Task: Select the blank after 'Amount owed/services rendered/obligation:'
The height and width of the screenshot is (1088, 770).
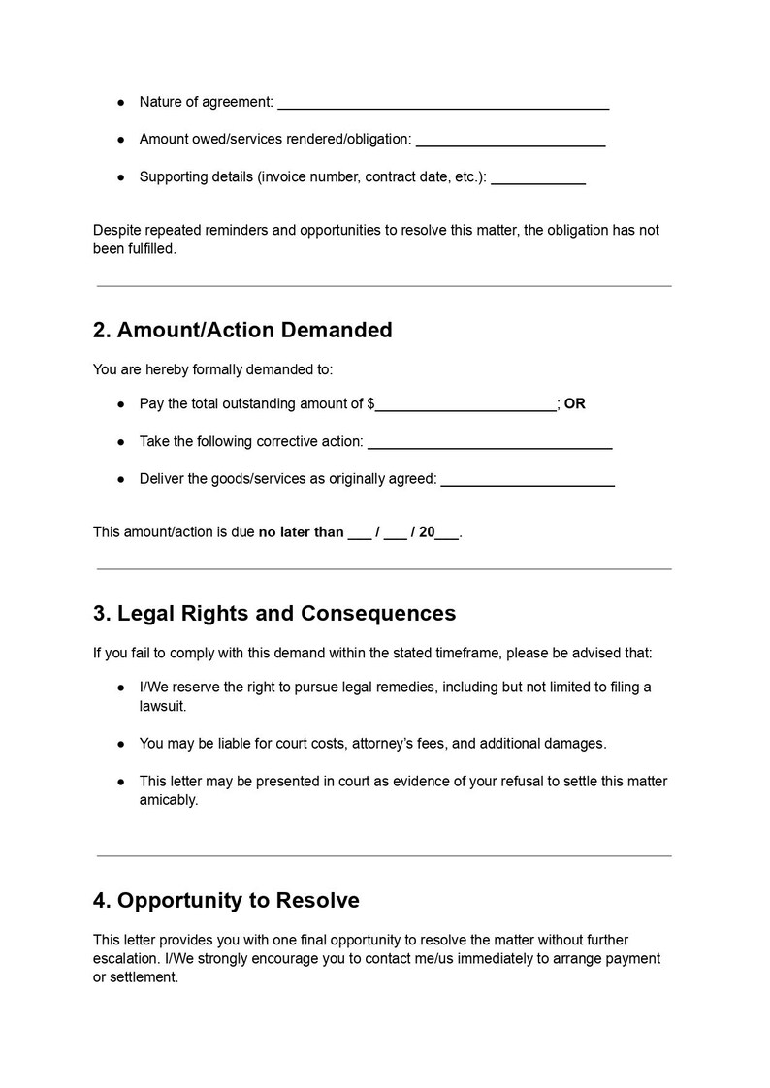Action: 510,141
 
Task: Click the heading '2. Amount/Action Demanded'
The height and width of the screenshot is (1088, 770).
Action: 242,330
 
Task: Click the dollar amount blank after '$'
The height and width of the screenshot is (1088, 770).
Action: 466,405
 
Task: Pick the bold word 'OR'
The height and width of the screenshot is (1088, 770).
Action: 575,403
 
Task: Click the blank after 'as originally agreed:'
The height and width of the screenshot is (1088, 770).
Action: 528,481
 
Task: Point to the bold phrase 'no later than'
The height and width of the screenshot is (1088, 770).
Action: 301,531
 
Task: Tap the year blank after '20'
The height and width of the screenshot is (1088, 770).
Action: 447,533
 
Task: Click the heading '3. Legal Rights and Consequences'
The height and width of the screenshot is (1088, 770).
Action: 274,614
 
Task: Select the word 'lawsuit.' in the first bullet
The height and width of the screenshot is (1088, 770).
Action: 163,706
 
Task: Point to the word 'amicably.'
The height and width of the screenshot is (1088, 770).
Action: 169,800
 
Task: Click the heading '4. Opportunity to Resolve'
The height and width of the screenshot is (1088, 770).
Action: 226,901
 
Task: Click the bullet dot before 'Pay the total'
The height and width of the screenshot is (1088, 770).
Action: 121,404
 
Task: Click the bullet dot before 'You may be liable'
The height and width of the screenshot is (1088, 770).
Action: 121,744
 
